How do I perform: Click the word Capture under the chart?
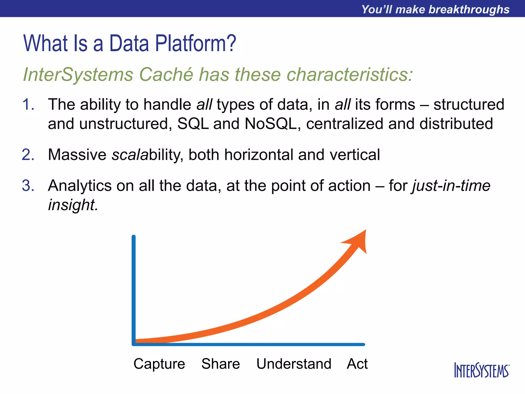[x=159, y=364]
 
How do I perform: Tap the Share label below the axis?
[x=220, y=364]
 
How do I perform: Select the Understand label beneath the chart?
[x=294, y=364]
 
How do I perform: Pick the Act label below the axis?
[x=357, y=364]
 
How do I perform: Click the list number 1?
[x=28, y=105]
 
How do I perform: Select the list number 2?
[x=28, y=155]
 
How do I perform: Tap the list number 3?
[x=28, y=186]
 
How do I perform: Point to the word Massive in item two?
[x=77, y=155]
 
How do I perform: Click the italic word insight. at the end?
[x=73, y=205]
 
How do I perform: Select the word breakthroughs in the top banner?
[x=469, y=9]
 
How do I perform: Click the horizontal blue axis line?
[x=249, y=344]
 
